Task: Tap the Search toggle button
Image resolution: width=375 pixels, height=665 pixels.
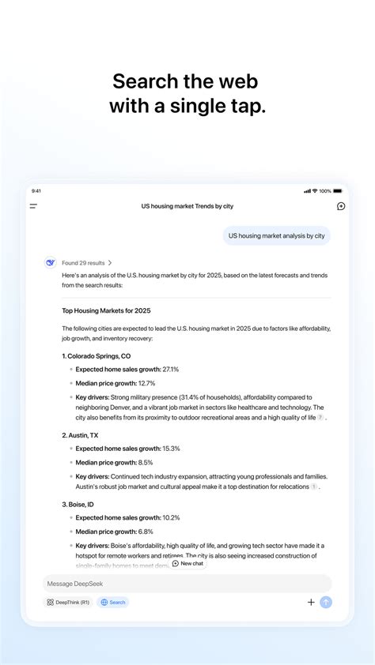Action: coord(113,602)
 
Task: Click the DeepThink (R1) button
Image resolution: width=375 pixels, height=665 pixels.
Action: coord(67,602)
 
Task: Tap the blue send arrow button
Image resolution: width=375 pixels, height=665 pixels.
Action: coord(326,602)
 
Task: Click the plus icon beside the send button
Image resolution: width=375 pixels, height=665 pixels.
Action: coord(311,602)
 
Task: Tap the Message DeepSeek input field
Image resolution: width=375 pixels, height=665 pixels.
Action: coord(187,584)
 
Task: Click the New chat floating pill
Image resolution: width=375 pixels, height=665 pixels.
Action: coord(188,563)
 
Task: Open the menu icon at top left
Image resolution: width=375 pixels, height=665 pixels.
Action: coord(33,206)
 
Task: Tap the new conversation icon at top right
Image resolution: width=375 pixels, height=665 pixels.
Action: coord(341,206)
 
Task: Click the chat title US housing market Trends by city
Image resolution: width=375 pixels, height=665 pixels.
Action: coord(187,206)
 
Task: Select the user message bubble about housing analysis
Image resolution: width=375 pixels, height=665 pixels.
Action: coord(276,235)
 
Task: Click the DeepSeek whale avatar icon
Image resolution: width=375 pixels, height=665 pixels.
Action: coord(51,263)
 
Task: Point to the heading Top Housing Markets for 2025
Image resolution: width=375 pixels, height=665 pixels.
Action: coord(106,311)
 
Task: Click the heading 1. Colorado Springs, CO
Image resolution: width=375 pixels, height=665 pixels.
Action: coord(97,356)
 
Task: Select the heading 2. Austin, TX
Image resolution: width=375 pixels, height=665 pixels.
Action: coord(81,435)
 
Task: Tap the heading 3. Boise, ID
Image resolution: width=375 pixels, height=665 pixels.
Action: coord(78,504)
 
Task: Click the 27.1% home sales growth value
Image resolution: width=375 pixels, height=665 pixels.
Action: coord(171,369)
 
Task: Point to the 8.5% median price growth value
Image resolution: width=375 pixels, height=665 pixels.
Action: coord(146,462)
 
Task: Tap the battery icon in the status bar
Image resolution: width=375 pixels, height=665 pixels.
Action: coord(338,191)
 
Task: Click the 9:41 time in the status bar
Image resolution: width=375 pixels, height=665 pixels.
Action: coord(36,191)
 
